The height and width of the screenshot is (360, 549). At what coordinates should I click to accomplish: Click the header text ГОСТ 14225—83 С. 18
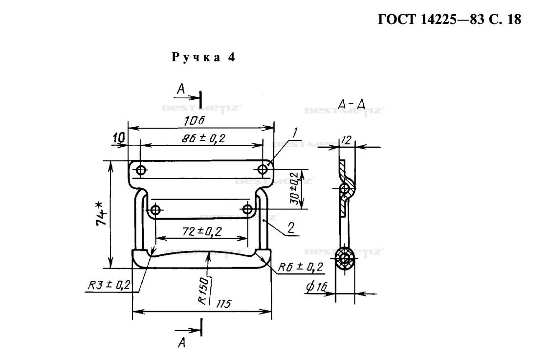point(449,21)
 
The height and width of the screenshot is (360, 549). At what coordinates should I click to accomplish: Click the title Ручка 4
point(203,57)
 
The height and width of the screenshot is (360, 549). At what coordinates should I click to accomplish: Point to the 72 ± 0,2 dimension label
point(201,231)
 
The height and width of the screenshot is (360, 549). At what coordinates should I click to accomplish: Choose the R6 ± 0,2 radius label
point(300,267)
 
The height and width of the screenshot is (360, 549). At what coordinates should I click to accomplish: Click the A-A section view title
point(352,104)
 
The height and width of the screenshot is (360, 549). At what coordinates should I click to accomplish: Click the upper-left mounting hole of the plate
point(141,170)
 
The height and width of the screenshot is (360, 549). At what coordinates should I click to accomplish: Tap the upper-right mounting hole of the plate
point(263,169)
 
